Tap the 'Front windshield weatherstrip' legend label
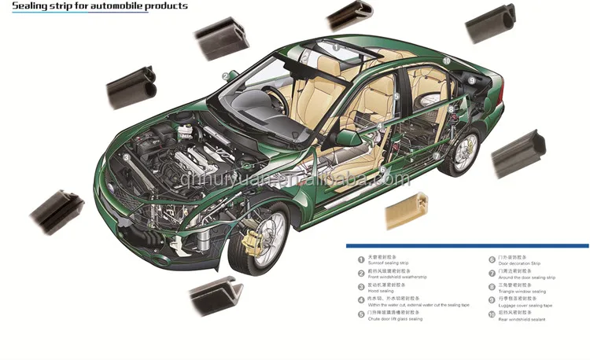point(397,277)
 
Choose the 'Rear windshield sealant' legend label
point(522,319)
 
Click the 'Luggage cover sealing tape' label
point(525,305)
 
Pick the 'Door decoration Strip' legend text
point(520,263)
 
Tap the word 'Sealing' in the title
point(29,6)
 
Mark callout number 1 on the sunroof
point(336,48)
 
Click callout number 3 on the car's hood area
point(126,156)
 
